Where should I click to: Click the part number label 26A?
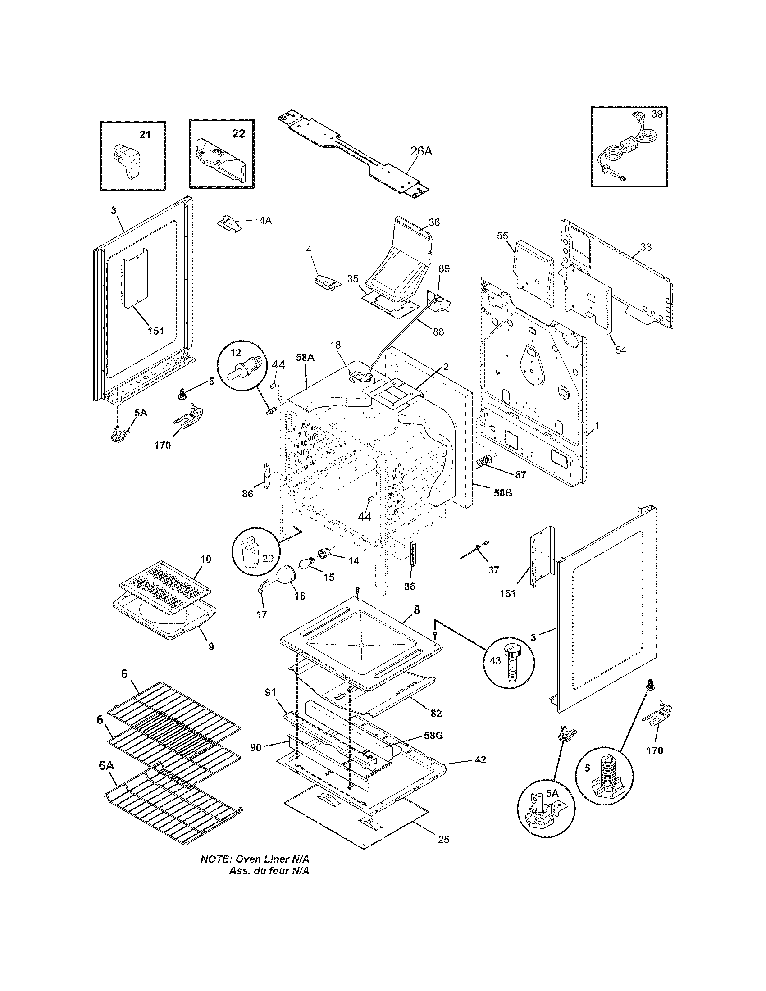point(421,151)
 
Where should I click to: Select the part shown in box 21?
point(128,161)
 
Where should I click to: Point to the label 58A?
point(305,358)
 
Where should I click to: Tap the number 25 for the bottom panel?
point(443,840)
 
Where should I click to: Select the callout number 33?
point(646,247)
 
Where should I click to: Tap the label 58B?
point(502,493)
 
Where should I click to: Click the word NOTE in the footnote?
point(216,859)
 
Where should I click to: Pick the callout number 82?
point(436,714)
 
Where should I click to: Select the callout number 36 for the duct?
point(434,223)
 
